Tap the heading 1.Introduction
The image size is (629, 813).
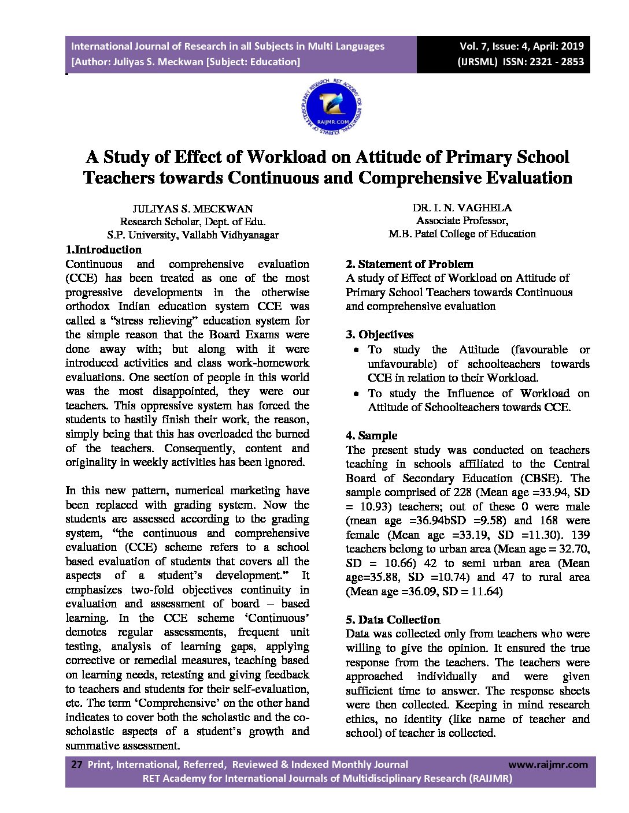[x=103, y=250]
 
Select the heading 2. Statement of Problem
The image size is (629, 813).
[x=409, y=264]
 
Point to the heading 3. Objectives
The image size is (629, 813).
[x=380, y=335]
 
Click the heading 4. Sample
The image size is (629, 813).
[x=372, y=435]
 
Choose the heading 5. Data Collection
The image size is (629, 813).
[x=393, y=620]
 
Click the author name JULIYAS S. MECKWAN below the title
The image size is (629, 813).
[x=193, y=208]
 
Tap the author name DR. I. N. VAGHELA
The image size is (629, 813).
[x=462, y=207]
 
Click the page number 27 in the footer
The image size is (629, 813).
[x=76, y=764]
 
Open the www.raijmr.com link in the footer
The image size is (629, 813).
[x=548, y=764]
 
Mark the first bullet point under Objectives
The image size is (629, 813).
[x=357, y=350]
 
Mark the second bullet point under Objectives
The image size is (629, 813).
[x=357, y=394]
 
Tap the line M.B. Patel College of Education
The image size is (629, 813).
[x=462, y=234]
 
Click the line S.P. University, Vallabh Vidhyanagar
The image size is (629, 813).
[x=193, y=235]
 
